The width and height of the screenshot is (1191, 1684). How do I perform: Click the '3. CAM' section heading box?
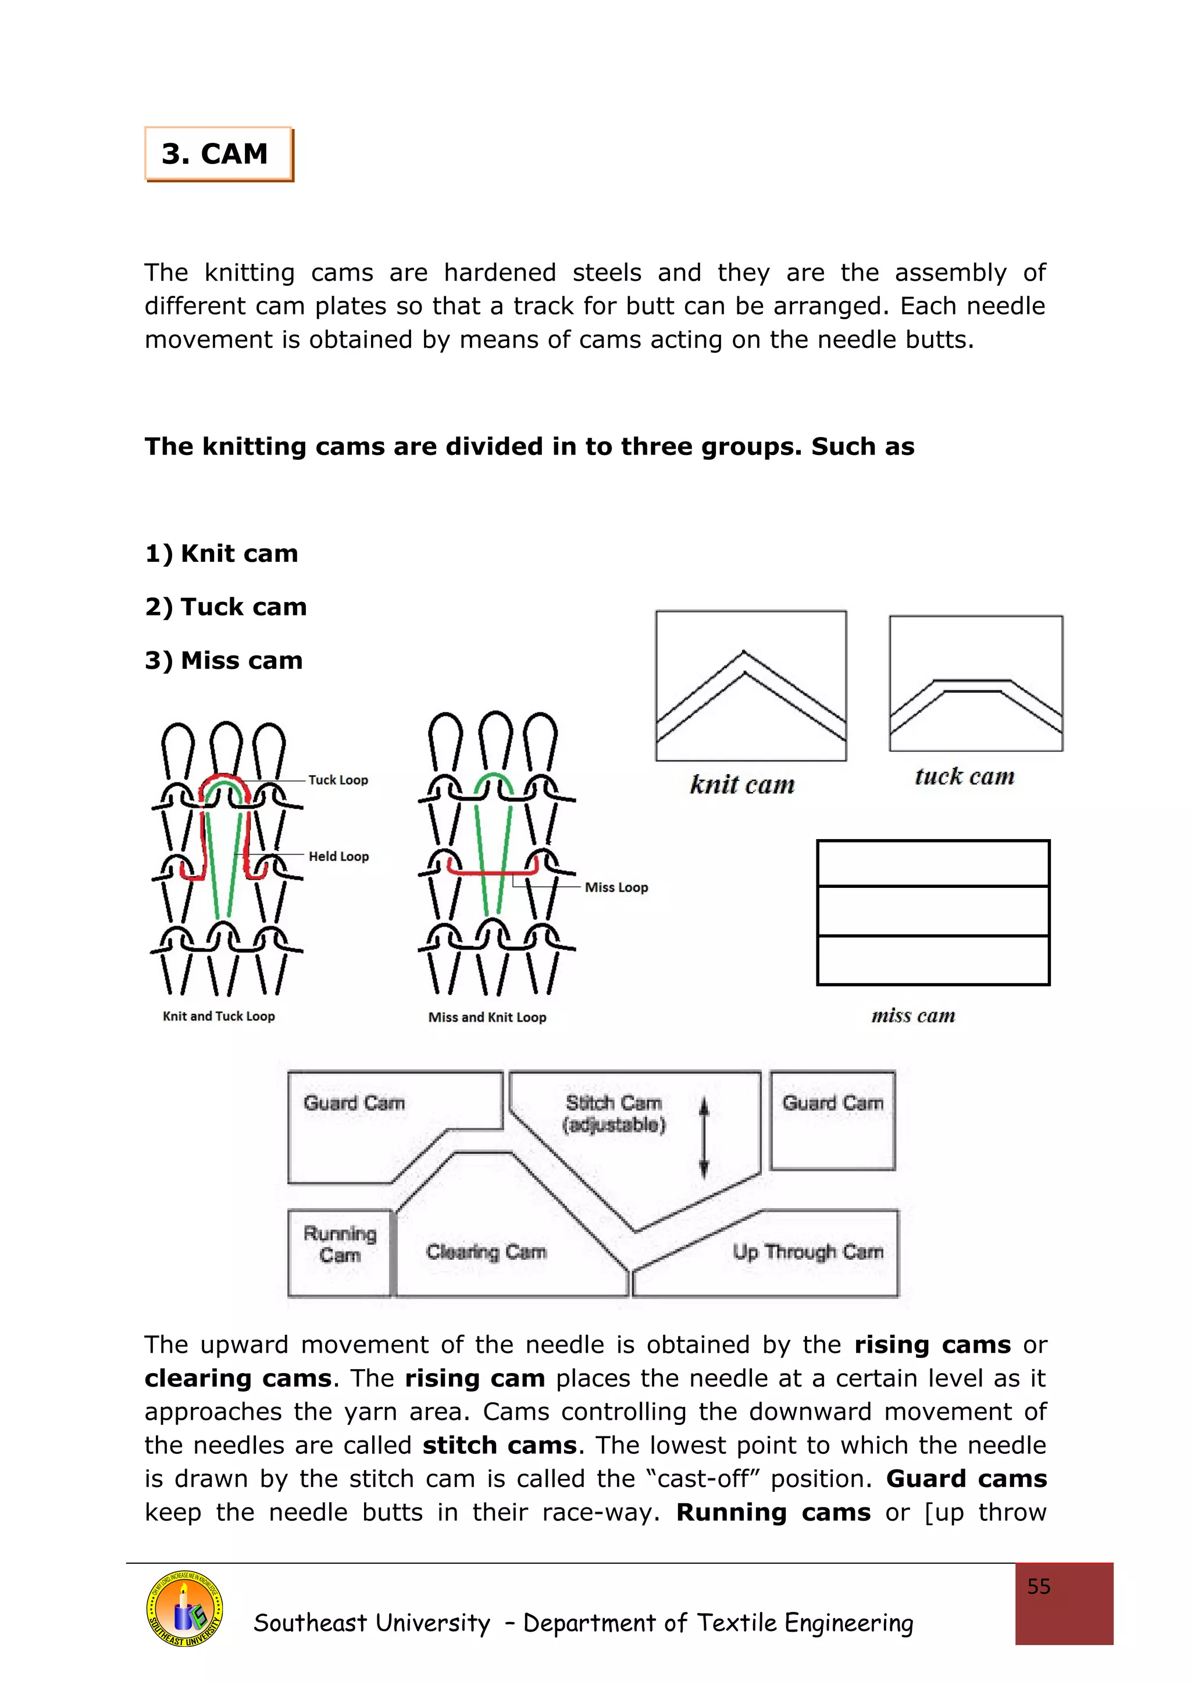point(218,154)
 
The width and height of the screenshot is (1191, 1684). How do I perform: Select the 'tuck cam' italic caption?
point(964,776)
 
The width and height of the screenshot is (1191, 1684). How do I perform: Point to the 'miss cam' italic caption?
point(913,1015)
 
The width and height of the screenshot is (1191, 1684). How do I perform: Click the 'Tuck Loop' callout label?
point(337,780)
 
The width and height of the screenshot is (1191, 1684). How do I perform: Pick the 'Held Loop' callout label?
point(338,856)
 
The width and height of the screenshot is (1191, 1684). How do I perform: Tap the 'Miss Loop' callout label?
point(616,887)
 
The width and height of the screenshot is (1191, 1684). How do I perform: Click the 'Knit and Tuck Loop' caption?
point(219,1016)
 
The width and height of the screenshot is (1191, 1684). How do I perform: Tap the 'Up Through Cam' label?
point(807,1251)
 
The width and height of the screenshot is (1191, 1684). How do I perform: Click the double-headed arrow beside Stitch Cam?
point(704,1137)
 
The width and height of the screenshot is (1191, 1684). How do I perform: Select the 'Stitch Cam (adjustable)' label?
point(614,1113)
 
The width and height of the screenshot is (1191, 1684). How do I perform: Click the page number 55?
point(1039,1586)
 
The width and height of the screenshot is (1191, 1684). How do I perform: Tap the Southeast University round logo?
point(184,1608)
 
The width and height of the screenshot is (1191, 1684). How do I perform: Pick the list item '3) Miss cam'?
point(223,660)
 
